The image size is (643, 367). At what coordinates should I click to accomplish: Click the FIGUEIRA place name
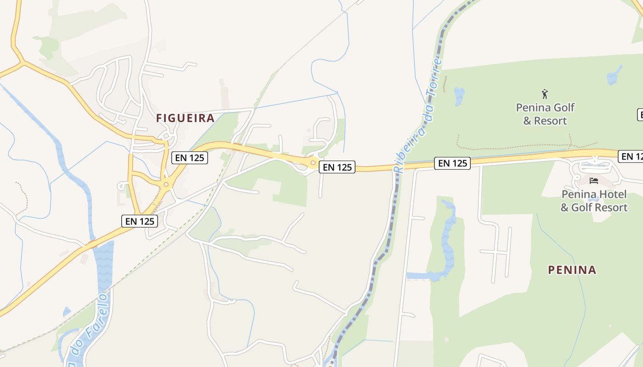(185, 118)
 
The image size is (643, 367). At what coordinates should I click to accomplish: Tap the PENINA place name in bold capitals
(572, 270)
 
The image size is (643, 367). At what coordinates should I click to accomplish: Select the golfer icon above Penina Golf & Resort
(545, 94)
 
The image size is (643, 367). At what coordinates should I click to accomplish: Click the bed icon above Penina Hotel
(594, 181)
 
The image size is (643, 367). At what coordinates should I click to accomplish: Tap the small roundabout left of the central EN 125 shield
(313, 163)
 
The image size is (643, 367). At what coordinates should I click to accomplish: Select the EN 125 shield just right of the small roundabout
(337, 167)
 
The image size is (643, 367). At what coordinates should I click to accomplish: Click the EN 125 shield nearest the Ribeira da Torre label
(452, 163)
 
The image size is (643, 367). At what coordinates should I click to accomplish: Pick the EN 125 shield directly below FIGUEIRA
(190, 158)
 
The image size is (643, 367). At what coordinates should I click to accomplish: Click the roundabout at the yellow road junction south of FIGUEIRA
(166, 184)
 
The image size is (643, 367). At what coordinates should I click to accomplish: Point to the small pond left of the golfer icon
(459, 96)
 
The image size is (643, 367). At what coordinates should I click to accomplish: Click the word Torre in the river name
(434, 76)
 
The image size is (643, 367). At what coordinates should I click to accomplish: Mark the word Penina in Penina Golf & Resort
(533, 108)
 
